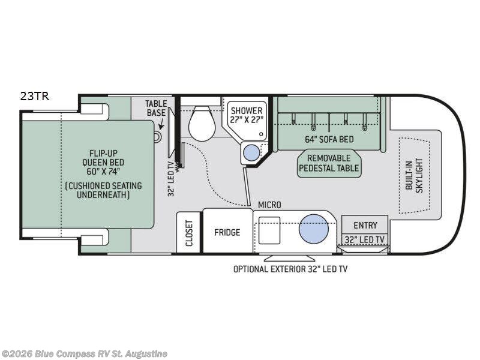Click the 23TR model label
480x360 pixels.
click(35, 97)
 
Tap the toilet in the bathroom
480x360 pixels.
click(201, 123)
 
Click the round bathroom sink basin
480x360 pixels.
click(251, 152)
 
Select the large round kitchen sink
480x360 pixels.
click(313, 229)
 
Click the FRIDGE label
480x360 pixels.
click(227, 233)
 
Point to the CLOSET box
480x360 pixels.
click(188, 232)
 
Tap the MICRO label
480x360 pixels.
click(269, 205)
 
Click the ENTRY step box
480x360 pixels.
click(365, 224)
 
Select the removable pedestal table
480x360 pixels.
click(329, 164)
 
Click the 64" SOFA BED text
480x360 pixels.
click(329, 139)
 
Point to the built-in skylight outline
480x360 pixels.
click(415, 175)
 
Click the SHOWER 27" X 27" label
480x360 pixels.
click(247, 115)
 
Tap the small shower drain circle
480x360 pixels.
click(261, 134)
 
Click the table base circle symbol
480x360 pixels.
click(157, 137)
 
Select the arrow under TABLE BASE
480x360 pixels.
click(161, 125)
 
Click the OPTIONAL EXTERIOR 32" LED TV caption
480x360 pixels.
click(290, 269)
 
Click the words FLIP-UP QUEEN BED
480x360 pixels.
click(103, 158)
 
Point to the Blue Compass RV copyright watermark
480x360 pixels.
click(84, 354)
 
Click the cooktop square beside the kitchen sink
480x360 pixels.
click(269, 230)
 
